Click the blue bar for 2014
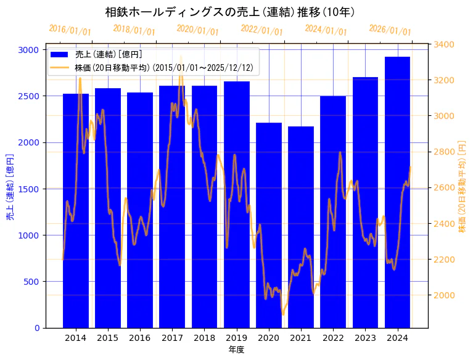pyautogui.click(x=75, y=210)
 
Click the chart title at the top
pyautogui.click(x=229, y=12)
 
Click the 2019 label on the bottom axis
pyautogui.click(x=236, y=338)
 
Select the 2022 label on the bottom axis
pyautogui.click(x=333, y=338)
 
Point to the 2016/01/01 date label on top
pyautogui.click(x=70, y=30)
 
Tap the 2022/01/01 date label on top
pyautogui.click(x=261, y=30)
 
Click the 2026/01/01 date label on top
pyautogui.click(x=390, y=30)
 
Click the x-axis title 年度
pyautogui.click(x=236, y=350)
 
